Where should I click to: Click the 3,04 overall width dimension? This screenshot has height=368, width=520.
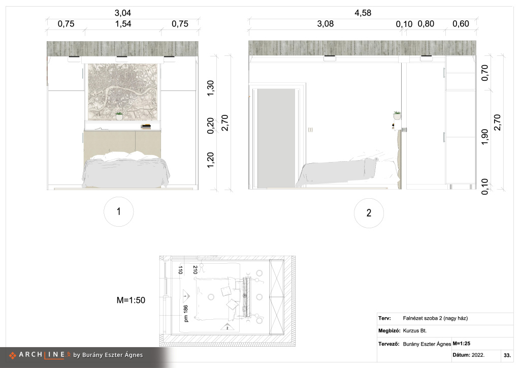pyautogui.click(x=123, y=13)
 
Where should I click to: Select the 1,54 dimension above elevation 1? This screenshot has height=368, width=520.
pyautogui.click(x=123, y=24)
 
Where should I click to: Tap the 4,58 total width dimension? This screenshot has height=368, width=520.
pyautogui.click(x=363, y=13)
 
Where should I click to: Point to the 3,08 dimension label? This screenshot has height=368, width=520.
pyautogui.click(x=326, y=24)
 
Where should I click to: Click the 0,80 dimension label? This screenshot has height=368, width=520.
pyautogui.click(x=426, y=24)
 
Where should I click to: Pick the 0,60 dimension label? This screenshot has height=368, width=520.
pyautogui.click(x=461, y=24)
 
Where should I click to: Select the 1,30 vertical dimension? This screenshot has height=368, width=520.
pyautogui.click(x=210, y=88)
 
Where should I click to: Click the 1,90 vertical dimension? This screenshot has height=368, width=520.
pyautogui.click(x=484, y=137)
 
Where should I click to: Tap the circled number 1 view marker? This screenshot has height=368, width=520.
pyautogui.click(x=119, y=212)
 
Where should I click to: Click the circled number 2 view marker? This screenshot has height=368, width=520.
pyautogui.click(x=369, y=213)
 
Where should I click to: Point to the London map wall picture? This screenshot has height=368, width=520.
pyautogui.click(x=123, y=92)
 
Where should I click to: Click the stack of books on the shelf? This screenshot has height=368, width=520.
pyautogui.click(x=146, y=127)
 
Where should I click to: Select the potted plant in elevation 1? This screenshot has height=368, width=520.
pyautogui.click(x=119, y=116)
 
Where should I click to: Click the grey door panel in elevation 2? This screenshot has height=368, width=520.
pyautogui.click(x=276, y=138)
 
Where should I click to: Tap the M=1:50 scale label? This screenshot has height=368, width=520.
pyautogui.click(x=131, y=300)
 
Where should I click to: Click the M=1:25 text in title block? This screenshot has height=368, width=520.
pyautogui.click(x=461, y=344)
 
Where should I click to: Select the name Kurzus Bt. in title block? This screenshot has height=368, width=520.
pyautogui.click(x=414, y=330)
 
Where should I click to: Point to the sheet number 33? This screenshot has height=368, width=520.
pyautogui.click(x=507, y=355)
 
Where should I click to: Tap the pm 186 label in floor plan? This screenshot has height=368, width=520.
pyautogui.click(x=186, y=314)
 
